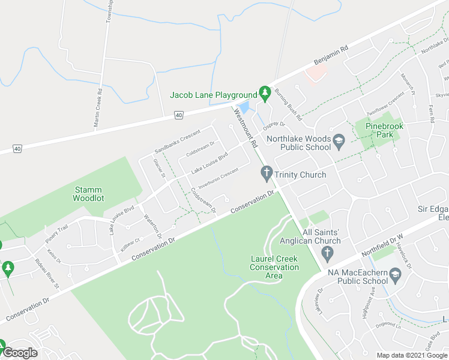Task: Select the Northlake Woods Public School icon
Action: pos(339,141)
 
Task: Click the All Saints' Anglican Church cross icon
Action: pos(327,254)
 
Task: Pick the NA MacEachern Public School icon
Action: pos(396,276)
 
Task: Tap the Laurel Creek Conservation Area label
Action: pos(274,267)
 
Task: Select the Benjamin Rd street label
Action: pos(331,56)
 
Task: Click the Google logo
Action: pos(20,353)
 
